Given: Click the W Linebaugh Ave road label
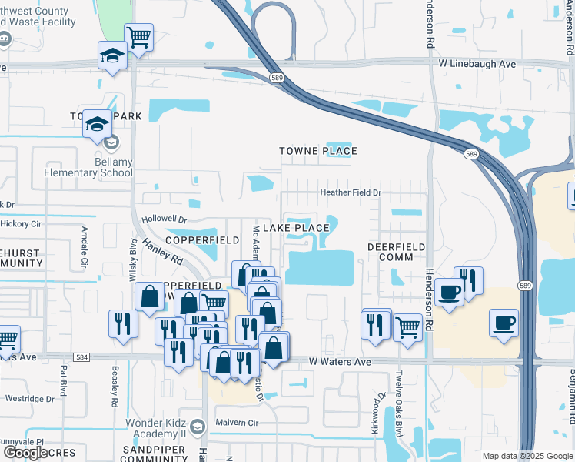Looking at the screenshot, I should pos(477,64).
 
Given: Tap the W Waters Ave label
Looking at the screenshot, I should pos(340,361).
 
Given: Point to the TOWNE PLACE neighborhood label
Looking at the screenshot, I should pos(318,151).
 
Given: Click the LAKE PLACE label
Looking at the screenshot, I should pos(296,228).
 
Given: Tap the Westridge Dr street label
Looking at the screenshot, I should pos(29,399).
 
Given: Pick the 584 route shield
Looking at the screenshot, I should pos(82,357).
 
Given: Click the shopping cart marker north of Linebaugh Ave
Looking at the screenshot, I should pos(138,38).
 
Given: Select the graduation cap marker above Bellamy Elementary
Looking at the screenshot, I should pos(98,124).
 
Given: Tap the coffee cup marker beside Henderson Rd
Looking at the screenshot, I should pos(449,292).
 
